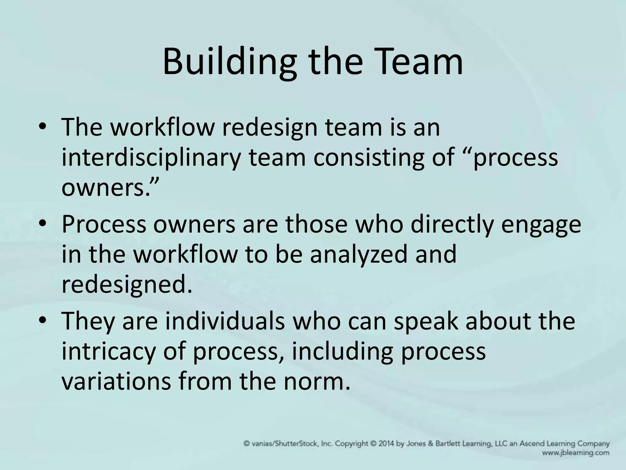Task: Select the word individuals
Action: pos(225,321)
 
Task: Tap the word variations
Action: pos(116,381)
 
